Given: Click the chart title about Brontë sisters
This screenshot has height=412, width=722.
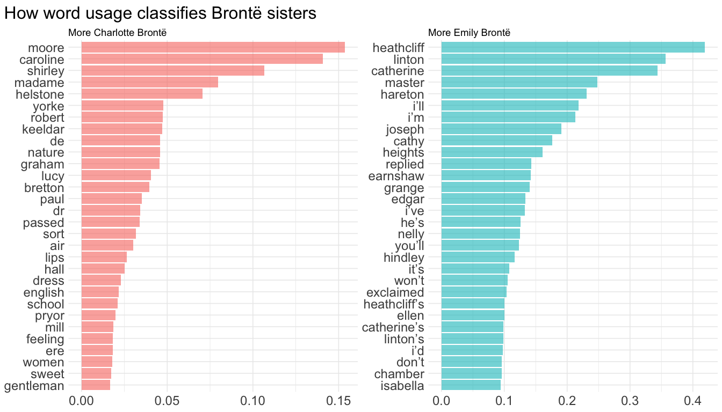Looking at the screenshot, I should (160, 13).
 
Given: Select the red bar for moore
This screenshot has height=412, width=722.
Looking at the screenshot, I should (213, 47).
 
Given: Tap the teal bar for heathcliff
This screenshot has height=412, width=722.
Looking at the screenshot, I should (573, 47).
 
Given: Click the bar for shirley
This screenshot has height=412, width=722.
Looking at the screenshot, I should (172, 71).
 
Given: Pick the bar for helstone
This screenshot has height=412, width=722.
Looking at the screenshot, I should (142, 94).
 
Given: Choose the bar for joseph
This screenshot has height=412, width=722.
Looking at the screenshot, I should (501, 129).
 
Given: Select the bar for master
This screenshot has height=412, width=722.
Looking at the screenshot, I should (519, 82).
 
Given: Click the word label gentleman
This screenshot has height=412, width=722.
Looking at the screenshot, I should (34, 386).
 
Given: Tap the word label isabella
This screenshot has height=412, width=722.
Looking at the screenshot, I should (402, 386).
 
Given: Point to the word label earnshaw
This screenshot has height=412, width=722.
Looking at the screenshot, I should (396, 175).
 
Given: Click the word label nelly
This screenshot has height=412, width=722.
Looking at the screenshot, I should (411, 234).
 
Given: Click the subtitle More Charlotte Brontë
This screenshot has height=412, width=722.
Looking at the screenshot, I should (117, 33).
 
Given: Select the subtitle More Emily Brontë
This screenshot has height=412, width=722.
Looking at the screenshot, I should (469, 33).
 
